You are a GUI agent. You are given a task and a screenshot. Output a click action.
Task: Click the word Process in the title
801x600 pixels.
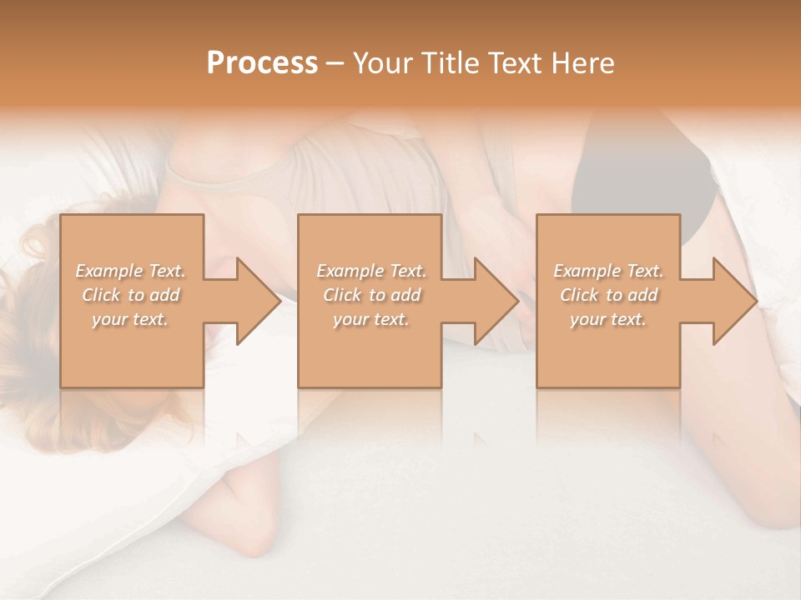coord(262,63)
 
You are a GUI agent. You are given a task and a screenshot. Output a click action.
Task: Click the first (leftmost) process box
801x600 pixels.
coord(132,350)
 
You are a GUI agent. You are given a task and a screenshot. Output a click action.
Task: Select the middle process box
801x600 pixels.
coord(370,350)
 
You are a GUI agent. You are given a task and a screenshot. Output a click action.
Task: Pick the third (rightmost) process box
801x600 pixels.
coord(607,350)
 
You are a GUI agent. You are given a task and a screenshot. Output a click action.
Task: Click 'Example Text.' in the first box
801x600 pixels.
coord(130,271)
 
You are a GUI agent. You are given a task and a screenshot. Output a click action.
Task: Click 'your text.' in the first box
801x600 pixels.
coord(130,319)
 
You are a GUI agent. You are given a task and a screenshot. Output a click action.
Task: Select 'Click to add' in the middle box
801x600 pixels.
coord(371,295)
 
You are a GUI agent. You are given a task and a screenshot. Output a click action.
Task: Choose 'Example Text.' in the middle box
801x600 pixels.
coord(371,271)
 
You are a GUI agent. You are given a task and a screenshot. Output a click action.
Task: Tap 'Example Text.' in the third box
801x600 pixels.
coord(608,271)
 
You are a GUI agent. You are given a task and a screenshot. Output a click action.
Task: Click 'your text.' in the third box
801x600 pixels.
coord(608,319)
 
